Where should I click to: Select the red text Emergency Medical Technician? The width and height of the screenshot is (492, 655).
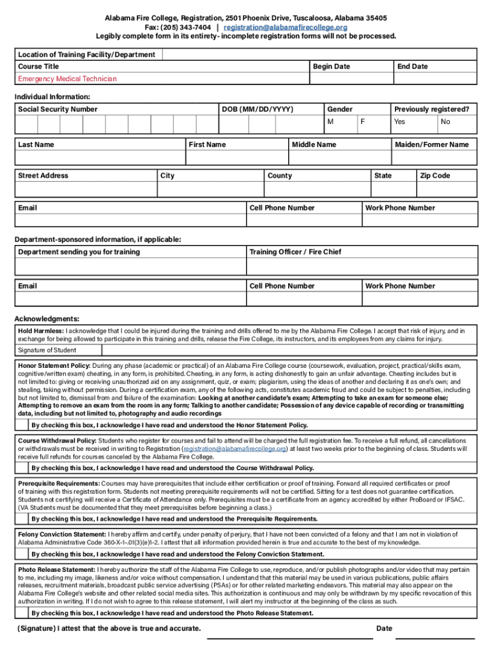click(67, 79)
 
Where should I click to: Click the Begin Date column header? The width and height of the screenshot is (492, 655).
click(331, 67)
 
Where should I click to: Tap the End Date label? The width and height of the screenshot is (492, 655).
click(412, 67)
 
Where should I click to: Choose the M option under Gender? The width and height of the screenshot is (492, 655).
click(330, 122)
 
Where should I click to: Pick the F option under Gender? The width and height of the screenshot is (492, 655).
click(363, 122)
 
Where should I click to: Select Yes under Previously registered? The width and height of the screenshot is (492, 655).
click(399, 122)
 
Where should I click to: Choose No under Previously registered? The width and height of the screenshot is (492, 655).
click(445, 122)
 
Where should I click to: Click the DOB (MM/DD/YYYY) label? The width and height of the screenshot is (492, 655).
click(258, 109)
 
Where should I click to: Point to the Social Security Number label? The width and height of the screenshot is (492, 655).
click(58, 109)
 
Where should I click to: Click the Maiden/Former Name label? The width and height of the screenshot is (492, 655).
click(432, 145)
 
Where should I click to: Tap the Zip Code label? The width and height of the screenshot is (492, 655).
click(434, 176)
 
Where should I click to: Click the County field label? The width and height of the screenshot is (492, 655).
click(279, 176)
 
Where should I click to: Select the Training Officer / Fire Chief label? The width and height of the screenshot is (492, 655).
click(295, 252)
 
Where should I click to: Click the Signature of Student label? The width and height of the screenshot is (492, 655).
click(47, 350)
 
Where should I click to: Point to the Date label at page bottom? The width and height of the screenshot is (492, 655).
click(384, 628)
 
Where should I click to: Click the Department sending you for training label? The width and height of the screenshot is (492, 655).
click(79, 252)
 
